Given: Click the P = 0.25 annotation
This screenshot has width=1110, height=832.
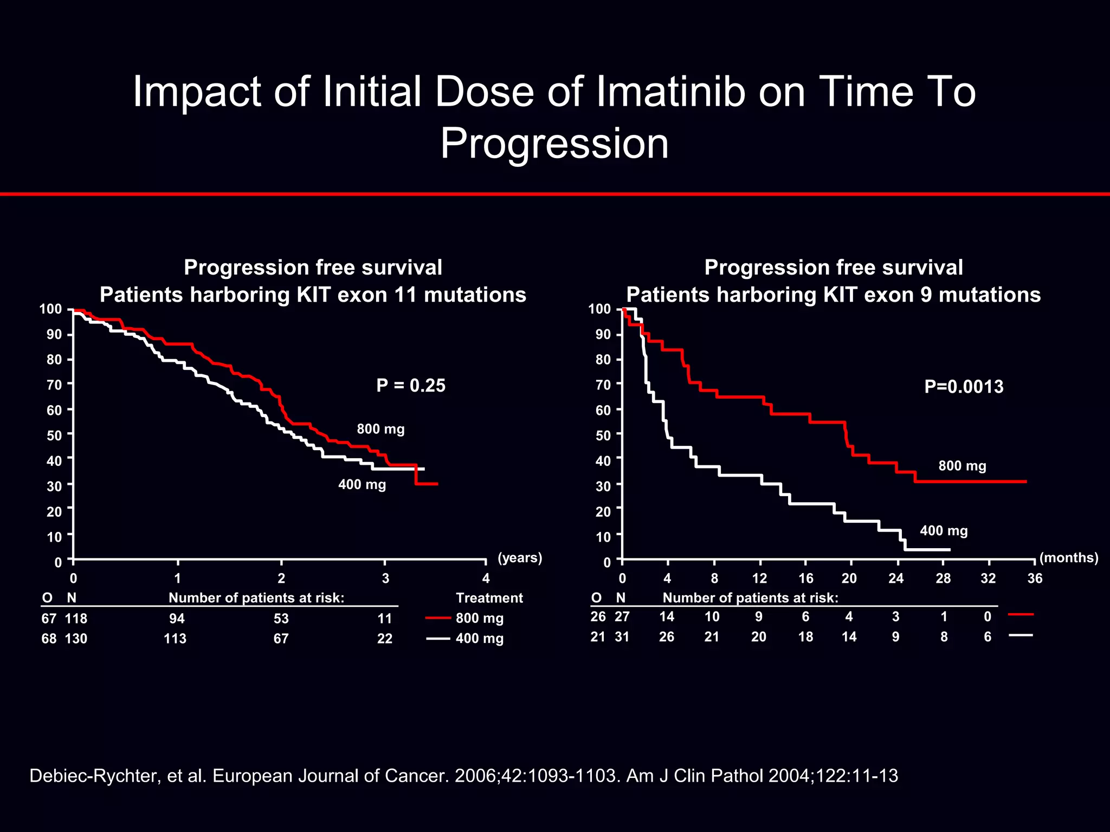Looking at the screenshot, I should (411, 385).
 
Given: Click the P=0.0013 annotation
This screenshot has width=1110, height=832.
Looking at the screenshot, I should (964, 387).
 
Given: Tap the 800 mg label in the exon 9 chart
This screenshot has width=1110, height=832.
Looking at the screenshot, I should (962, 466).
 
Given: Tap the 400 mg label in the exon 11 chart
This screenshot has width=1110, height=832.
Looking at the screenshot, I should (362, 484).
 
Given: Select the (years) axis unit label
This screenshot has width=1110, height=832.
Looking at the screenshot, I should (520, 557).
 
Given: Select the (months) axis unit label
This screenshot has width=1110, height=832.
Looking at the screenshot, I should (1068, 557).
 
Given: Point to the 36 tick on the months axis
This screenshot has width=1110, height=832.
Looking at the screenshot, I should (1035, 578).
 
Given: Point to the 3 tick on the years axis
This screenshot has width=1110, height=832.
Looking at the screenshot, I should (385, 578).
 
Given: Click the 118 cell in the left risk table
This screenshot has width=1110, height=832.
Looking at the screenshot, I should (76, 619).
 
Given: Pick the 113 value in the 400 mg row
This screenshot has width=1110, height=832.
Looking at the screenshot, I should (175, 639).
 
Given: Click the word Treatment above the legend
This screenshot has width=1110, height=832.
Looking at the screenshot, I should (489, 598).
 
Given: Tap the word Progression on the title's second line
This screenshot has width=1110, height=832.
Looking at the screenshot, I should (554, 144).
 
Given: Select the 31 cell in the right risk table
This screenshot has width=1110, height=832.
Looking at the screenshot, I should (622, 637).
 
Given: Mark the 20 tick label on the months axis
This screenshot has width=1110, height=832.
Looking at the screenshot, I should (849, 578).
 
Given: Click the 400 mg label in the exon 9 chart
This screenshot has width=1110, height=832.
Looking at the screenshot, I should (944, 531).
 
